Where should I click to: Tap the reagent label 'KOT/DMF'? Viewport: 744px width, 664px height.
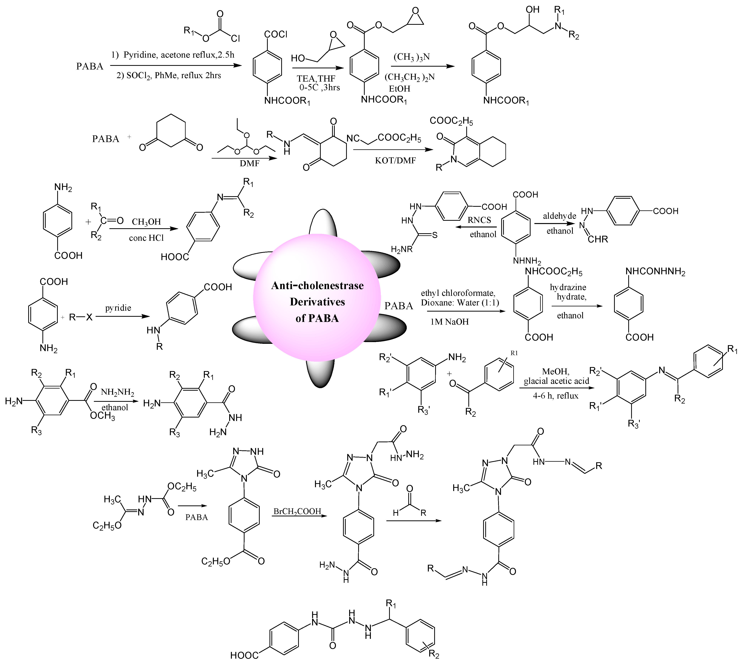tap(395, 160)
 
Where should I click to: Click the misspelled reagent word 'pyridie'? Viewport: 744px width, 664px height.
tap(118, 308)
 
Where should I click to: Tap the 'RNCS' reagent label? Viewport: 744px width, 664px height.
tap(479, 220)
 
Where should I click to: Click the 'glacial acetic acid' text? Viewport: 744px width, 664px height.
tap(556, 381)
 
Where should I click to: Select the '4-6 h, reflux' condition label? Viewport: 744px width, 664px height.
tap(555, 396)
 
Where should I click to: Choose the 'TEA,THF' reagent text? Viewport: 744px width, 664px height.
tap(316, 79)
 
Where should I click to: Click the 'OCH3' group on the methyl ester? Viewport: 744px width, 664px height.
tap(103, 416)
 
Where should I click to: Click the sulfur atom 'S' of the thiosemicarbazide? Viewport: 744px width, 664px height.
tap(435, 235)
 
